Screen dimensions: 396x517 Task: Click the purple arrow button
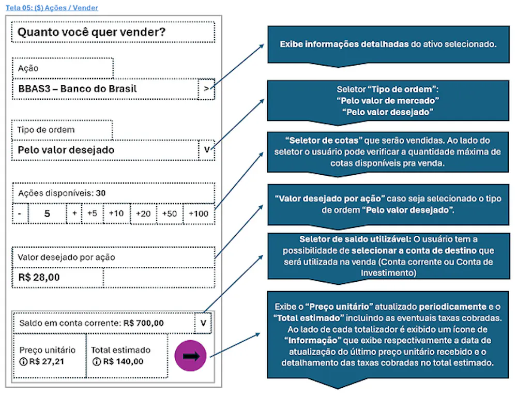click(x=191, y=356)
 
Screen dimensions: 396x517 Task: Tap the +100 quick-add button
click(x=199, y=214)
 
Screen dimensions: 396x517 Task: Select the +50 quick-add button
click(x=170, y=214)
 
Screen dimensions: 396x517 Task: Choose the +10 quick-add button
click(x=116, y=214)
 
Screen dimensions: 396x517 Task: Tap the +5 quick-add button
click(x=93, y=214)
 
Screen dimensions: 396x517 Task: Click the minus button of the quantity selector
click(x=20, y=214)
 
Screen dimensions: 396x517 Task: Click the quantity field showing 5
click(x=47, y=214)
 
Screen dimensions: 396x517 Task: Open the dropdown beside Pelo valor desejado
click(x=207, y=150)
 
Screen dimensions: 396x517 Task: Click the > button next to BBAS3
click(x=206, y=89)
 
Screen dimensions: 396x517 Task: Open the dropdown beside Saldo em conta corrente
click(x=203, y=323)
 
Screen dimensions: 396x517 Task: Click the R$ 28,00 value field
click(x=57, y=278)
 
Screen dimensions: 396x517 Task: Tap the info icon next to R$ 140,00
click(x=96, y=361)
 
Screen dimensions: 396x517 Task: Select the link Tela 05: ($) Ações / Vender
click(x=52, y=8)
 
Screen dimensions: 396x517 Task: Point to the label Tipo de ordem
click(x=46, y=130)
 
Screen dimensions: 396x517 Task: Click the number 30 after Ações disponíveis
click(x=101, y=193)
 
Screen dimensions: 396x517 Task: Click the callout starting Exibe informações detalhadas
click(x=388, y=44)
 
